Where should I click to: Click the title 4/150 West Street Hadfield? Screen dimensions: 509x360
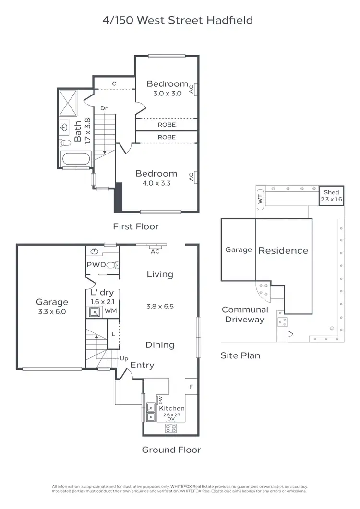point(178,20)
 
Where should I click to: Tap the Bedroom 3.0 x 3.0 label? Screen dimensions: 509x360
point(167,88)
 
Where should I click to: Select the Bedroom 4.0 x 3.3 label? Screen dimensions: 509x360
point(156,178)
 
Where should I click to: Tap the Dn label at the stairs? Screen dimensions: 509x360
point(105,108)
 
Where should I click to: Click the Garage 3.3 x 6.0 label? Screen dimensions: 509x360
point(52,307)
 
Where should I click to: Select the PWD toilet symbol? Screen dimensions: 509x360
point(112,264)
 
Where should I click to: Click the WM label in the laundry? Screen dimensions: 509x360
point(110,311)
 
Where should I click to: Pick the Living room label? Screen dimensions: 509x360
point(160,274)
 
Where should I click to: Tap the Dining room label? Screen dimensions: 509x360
point(160,345)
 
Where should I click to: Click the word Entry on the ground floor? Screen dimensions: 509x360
point(143,365)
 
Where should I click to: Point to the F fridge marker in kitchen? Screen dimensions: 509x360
point(191,386)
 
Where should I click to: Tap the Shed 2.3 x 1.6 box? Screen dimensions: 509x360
point(331,196)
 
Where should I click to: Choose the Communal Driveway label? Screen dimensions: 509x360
point(245,315)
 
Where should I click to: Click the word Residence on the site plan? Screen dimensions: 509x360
point(283,250)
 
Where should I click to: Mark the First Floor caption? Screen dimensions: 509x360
point(135,226)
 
